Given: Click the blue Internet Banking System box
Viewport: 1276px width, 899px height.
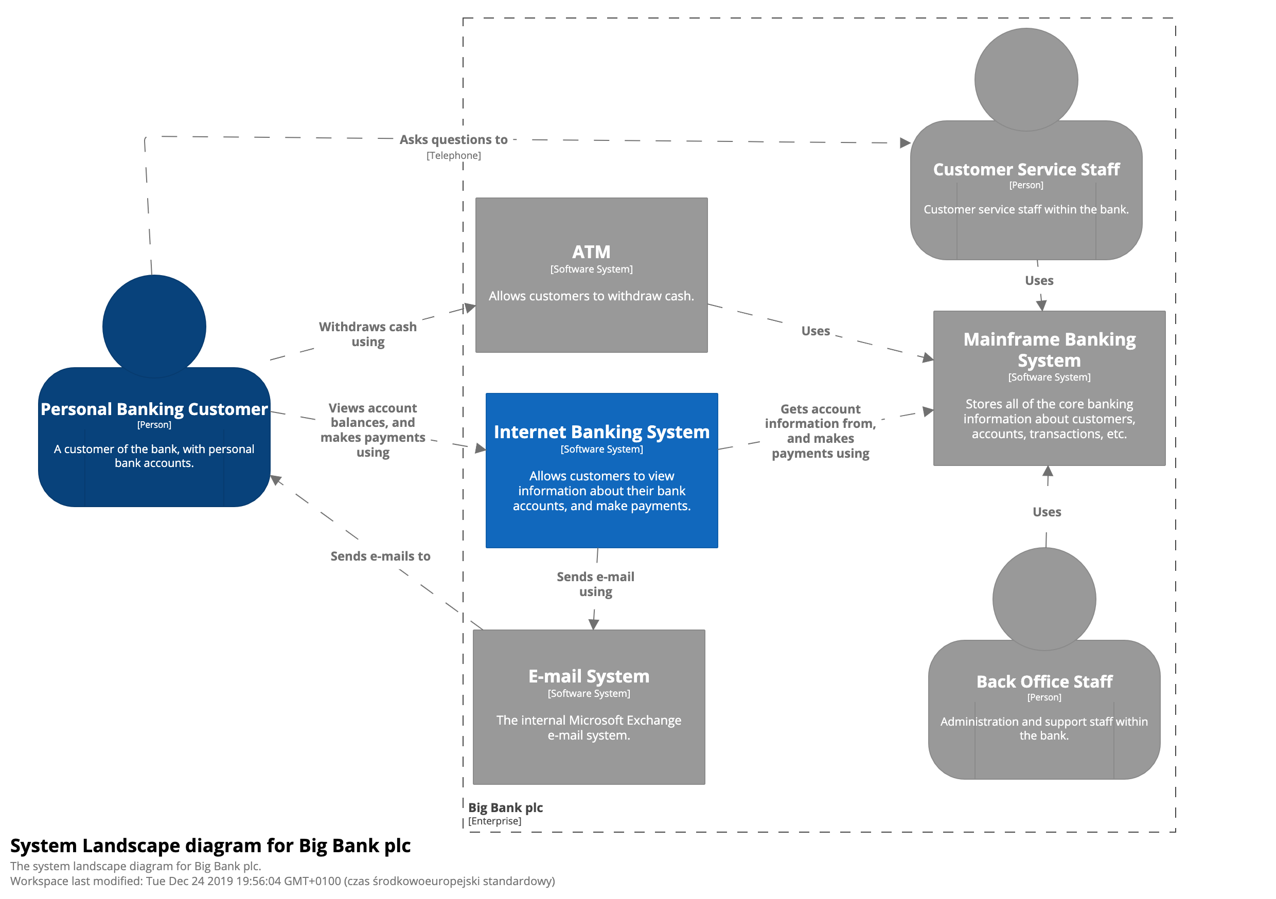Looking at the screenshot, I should point(601,470).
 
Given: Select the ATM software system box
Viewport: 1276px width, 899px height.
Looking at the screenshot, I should point(591,275).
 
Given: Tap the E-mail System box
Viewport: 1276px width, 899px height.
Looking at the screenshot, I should point(589,706).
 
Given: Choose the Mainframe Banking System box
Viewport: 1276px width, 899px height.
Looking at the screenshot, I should point(1049,388).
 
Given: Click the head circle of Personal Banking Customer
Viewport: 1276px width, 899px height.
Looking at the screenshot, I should point(154,326).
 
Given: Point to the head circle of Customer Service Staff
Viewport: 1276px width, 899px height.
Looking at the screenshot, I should point(1026,79).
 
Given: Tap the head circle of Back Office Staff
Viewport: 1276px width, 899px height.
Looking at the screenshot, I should point(1044,599).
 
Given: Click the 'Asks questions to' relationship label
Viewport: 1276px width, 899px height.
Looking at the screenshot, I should point(453,139).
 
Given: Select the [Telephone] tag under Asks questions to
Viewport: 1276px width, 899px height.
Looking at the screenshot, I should point(453,155).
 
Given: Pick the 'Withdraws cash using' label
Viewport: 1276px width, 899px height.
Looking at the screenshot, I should point(367,334).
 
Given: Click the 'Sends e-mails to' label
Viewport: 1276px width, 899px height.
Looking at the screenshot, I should point(380,555).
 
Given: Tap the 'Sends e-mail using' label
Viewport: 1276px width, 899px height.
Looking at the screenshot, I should point(595,583).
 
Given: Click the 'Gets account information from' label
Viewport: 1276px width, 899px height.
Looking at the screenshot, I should point(820,430).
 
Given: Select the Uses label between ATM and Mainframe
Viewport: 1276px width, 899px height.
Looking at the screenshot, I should point(816,331).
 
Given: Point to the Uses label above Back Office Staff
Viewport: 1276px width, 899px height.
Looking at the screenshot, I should point(1047,511).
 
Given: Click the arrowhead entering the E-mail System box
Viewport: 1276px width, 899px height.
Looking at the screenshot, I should point(594,624).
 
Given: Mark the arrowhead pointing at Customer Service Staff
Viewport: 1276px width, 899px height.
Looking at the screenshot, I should point(905,143).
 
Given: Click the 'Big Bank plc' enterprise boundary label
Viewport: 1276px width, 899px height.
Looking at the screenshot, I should point(505,807).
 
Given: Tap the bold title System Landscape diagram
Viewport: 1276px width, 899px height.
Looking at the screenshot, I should point(210,845).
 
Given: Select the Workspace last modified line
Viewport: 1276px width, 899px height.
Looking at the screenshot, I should point(282,880).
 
